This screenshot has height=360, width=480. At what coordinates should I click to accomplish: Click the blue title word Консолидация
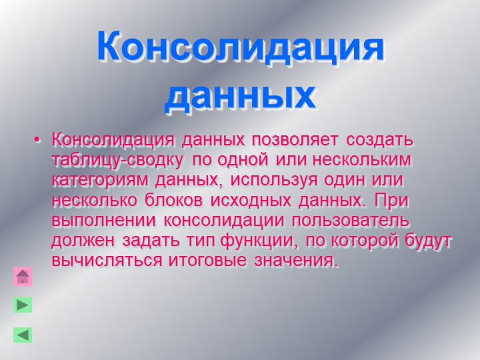[x=241, y=47]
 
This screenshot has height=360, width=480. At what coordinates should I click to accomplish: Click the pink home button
[x=23, y=276]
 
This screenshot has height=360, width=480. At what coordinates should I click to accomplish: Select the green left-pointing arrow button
[x=23, y=335]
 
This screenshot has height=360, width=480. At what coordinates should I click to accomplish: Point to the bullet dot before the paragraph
[x=37, y=140]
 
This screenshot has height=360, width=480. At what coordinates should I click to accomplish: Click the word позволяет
[x=295, y=140]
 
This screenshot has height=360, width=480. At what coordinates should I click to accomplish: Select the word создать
[x=379, y=140]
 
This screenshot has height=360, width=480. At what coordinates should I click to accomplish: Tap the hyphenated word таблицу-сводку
[x=117, y=160]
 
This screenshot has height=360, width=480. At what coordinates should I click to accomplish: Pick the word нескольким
[x=361, y=160]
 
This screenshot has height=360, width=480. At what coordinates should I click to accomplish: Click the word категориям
[x=100, y=180]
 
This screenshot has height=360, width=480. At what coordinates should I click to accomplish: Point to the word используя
[x=274, y=180]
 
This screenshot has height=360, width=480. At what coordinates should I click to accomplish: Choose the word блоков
[x=173, y=201]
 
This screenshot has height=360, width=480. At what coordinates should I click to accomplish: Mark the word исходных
[x=251, y=201]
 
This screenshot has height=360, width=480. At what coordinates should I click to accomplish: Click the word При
[x=391, y=201]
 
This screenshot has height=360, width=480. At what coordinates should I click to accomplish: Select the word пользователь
[x=350, y=221]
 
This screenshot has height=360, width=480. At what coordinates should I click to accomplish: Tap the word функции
[x=259, y=241]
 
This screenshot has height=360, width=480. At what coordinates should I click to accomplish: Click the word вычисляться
[x=107, y=261]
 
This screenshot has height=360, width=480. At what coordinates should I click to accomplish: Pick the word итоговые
[x=207, y=261]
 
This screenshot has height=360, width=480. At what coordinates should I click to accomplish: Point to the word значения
[x=296, y=261]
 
